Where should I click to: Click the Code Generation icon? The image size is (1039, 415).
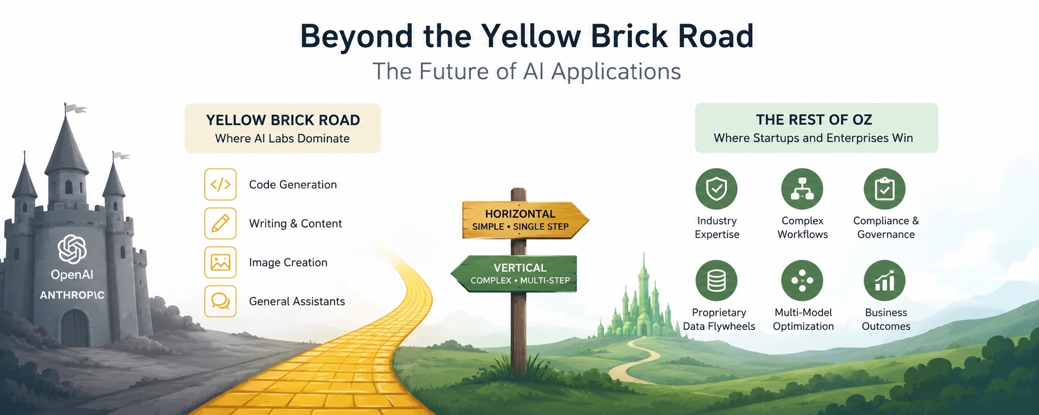coord(220,184)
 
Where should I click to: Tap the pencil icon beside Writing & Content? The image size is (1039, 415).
coord(220,223)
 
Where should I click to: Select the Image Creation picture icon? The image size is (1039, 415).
coord(220,262)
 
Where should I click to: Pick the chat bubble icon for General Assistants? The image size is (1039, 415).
coord(220,301)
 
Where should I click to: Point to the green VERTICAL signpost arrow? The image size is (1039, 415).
coord(513,274)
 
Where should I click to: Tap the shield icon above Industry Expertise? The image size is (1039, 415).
coord(716,189)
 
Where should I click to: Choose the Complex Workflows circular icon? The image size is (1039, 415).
coord(802,189)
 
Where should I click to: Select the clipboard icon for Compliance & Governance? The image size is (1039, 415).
coord(884,189)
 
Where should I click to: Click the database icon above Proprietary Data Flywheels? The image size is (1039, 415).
coord(716,281)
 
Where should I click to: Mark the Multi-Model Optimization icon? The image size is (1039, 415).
coord(802,281)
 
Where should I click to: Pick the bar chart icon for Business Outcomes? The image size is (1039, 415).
coord(884,281)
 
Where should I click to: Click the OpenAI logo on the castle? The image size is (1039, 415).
coord(72,249)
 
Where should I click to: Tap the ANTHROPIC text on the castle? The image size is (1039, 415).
coord(72,295)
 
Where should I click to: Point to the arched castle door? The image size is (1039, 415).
coord(75,328)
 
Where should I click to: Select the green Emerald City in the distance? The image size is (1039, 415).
coord(640,304)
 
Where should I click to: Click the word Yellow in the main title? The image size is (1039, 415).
coord(531,37)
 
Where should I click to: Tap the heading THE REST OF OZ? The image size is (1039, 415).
coord(814,120)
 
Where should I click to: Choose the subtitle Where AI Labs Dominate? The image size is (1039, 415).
coord(282,139)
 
